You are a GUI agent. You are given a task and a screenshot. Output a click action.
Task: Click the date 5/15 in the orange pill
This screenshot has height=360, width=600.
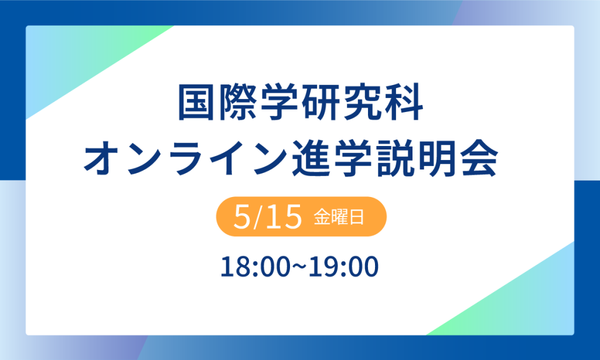tap(267, 217)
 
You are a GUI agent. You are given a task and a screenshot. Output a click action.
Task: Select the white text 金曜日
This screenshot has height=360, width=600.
tap(339, 217)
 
